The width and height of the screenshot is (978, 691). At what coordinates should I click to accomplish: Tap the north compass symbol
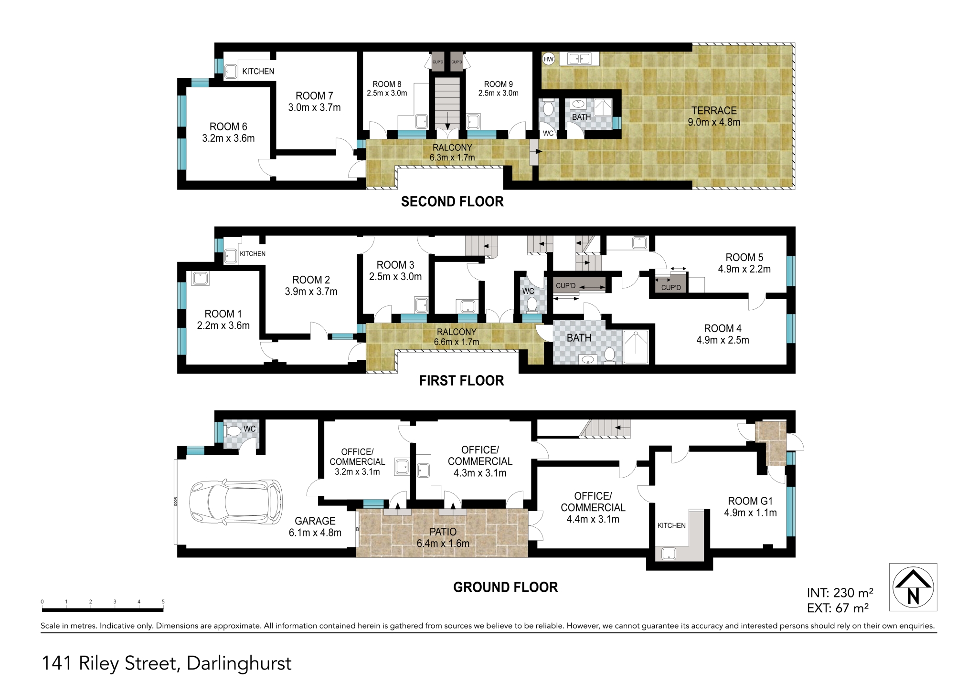click(x=913, y=587)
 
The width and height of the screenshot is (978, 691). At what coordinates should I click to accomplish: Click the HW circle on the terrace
click(x=549, y=59)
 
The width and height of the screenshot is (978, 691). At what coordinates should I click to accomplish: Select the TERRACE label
click(x=714, y=110)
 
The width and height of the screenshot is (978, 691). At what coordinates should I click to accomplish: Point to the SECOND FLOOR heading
click(x=452, y=201)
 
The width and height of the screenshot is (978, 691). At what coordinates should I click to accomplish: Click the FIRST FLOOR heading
click(x=461, y=380)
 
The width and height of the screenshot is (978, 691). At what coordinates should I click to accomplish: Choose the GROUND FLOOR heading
click(x=505, y=587)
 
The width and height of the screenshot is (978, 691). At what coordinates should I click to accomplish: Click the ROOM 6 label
click(x=228, y=126)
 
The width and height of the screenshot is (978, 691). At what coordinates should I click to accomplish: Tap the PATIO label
click(x=443, y=532)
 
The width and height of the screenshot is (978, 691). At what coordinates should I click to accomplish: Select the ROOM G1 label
click(x=750, y=501)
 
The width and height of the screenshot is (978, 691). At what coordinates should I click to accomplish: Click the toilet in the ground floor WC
click(x=234, y=431)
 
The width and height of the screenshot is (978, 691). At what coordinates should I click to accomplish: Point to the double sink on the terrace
click(x=579, y=59)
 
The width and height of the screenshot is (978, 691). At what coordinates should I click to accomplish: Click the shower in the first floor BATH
click(x=636, y=346)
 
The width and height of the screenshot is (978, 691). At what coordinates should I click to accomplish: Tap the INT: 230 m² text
click(x=840, y=593)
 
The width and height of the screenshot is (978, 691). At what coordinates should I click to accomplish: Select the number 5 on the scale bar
click(x=163, y=602)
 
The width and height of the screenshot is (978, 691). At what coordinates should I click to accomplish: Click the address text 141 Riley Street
click(x=111, y=663)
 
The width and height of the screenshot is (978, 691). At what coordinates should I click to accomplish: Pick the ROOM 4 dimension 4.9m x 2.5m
click(x=723, y=340)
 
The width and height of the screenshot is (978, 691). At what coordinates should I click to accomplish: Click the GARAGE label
click(x=315, y=521)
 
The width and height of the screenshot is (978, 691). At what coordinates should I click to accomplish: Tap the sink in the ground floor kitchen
click(x=669, y=554)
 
